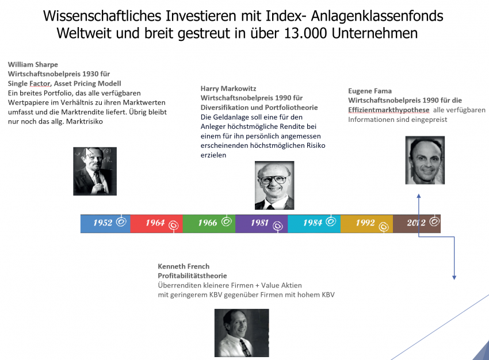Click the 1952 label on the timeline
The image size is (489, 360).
[x=102, y=223]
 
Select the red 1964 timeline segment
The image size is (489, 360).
[x=156, y=224]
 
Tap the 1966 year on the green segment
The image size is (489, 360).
[x=207, y=223]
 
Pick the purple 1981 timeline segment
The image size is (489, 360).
[x=262, y=224]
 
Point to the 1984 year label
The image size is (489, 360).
[x=312, y=223]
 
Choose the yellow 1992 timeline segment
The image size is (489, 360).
[x=367, y=224]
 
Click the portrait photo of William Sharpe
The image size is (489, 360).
[x=95, y=171]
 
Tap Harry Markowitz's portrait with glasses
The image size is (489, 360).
[x=274, y=185]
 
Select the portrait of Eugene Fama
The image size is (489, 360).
[x=425, y=160]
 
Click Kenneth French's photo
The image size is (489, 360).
[x=242, y=333]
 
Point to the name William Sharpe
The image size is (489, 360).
[x=33, y=64]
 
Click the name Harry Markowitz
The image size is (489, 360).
[x=228, y=89]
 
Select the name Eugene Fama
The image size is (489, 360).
[x=370, y=91]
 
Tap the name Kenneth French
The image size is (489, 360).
[x=184, y=266]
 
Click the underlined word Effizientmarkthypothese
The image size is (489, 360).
[x=389, y=110]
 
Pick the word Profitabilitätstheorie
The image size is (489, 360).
[x=192, y=275]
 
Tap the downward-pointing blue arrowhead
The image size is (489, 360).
[x=454, y=277]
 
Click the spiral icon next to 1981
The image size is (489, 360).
[x=277, y=225]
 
